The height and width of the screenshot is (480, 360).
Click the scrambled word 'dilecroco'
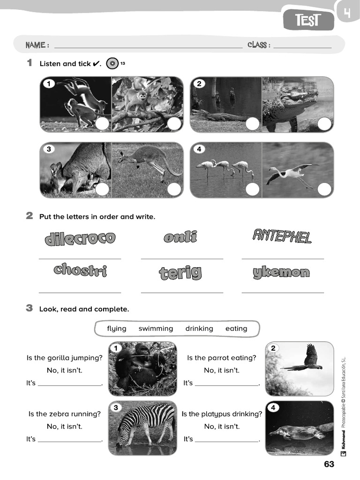click(x=80, y=238)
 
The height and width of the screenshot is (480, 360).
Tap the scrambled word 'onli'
click(x=180, y=237)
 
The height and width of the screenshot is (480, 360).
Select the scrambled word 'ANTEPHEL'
click(x=282, y=236)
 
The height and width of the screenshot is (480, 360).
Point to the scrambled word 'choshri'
click(x=80, y=270)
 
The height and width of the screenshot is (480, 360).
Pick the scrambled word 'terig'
click(x=180, y=272)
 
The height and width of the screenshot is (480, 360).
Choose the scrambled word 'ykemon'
click(x=281, y=272)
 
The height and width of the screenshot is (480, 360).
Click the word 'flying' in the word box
click(x=116, y=329)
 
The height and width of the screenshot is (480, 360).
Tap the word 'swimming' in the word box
click(x=156, y=329)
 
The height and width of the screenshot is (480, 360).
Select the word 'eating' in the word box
click(x=236, y=329)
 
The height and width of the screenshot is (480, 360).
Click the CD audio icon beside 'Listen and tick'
click(x=112, y=63)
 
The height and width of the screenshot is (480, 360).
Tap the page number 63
click(x=329, y=464)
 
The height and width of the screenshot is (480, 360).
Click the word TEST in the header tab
click(x=308, y=20)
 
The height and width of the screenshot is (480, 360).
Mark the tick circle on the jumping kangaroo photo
click(x=174, y=189)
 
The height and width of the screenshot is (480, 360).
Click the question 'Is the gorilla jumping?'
click(x=65, y=358)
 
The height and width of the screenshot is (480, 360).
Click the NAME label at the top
click(x=37, y=45)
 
